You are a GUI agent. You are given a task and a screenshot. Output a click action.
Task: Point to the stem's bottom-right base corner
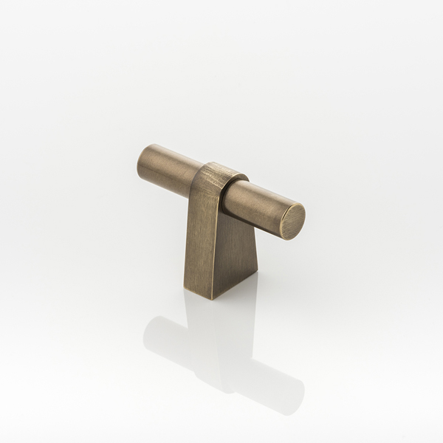(256, 275)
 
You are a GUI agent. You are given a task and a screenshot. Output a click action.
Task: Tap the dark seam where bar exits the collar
(226, 194)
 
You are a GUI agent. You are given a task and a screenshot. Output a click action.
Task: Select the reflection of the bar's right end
(284, 395)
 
